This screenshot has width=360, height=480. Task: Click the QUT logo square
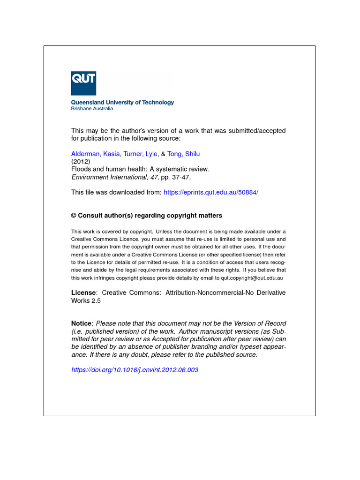point(83,83)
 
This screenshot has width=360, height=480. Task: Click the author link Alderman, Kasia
point(95,154)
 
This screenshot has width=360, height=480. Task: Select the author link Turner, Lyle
point(140,154)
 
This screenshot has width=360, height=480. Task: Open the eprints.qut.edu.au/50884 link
point(211,192)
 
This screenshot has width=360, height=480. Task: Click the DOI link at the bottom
point(135,370)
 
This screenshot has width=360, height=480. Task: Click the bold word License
point(83,292)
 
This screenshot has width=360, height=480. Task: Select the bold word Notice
point(82,324)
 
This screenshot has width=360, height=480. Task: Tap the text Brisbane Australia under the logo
point(92,109)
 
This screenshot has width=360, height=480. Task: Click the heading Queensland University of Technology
point(122,102)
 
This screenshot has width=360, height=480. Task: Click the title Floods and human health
point(140,169)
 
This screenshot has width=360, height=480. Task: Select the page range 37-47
point(183,177)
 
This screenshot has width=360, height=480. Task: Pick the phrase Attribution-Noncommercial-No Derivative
point(223,292)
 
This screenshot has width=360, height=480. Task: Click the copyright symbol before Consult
point(74,216)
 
